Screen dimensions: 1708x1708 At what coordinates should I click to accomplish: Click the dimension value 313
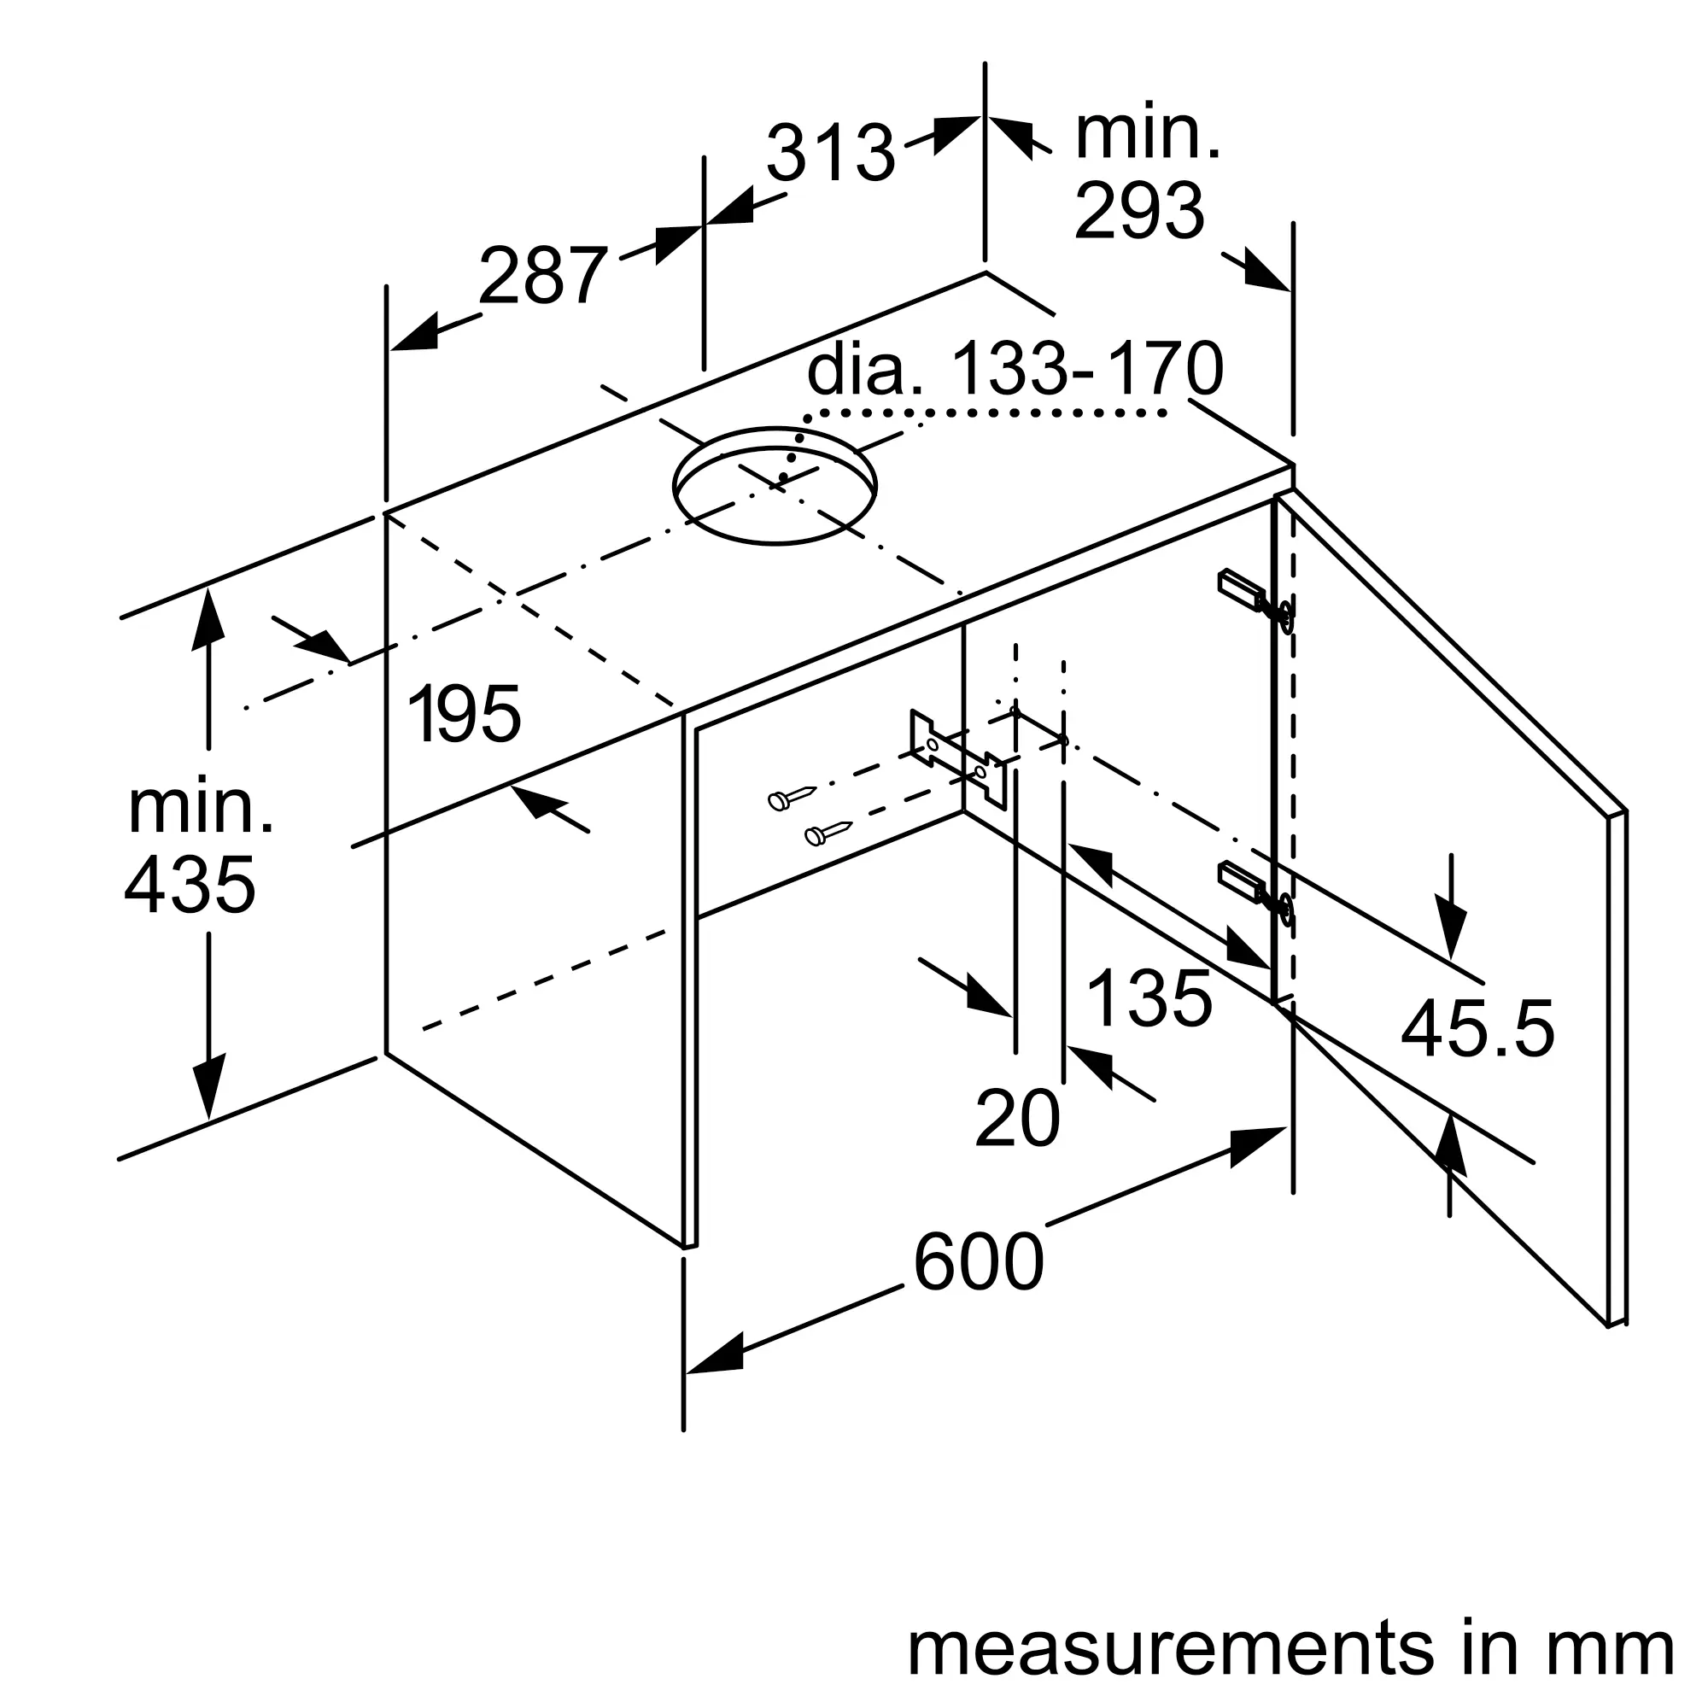(x=831, y=153)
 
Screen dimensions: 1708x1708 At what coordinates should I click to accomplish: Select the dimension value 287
(x=543, y=275)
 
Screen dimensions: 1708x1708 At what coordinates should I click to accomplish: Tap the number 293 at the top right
(x=1138, y=209)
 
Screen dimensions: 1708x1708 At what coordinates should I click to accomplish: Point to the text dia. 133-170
(x=1015, y=369)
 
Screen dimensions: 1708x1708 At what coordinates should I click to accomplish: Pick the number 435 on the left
(x=190, y=885)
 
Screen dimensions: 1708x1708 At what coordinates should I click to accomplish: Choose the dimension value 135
(x=1149, y=998)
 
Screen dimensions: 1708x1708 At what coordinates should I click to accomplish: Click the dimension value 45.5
(x=1477, y=1028)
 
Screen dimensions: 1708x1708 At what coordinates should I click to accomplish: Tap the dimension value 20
(x=1016, y=1119)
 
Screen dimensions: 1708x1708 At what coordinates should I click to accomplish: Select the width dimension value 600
(x=978, y=1261)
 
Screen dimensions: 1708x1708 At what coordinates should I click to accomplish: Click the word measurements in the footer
(x=1171, y=1648)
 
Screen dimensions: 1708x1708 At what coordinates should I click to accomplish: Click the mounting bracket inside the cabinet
(x=959, y=758)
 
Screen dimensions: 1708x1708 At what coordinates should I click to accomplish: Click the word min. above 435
(x=200, y=806)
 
